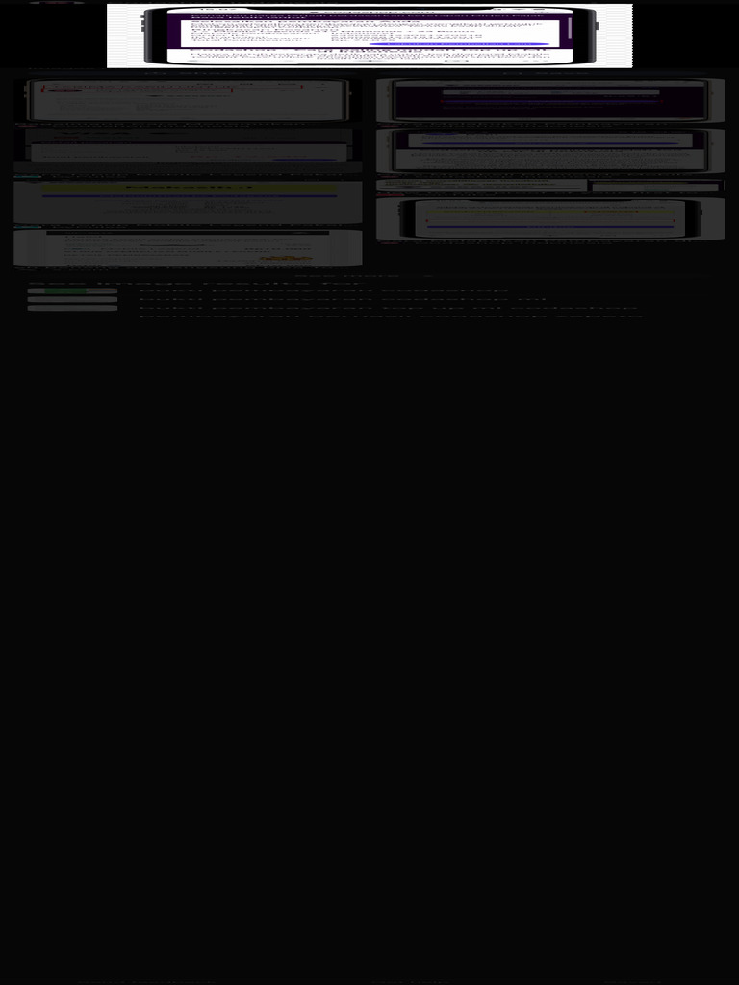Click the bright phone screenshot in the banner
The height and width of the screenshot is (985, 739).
coord(369,36)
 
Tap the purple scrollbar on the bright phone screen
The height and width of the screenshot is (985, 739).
coord(570,28)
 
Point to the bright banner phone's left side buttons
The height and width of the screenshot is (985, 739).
coord(143,22)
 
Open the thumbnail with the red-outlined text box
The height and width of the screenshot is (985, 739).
coord(188,100)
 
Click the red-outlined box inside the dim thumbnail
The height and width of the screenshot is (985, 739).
coord(140,89)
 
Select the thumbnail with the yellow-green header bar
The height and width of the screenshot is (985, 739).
coord(188,202)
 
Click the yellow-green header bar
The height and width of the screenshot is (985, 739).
coord(189,188)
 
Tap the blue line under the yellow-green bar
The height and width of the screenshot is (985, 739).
coord(189,196)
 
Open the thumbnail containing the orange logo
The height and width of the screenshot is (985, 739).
coord(188,247)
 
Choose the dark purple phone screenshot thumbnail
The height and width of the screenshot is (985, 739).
coord(549,100)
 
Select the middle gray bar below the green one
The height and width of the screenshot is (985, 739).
coord(72,299)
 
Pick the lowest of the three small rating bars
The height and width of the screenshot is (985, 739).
coord(72,308)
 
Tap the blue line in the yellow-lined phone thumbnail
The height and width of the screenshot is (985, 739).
coord(550,228)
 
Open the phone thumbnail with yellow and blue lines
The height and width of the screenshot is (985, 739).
coord(549,218)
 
